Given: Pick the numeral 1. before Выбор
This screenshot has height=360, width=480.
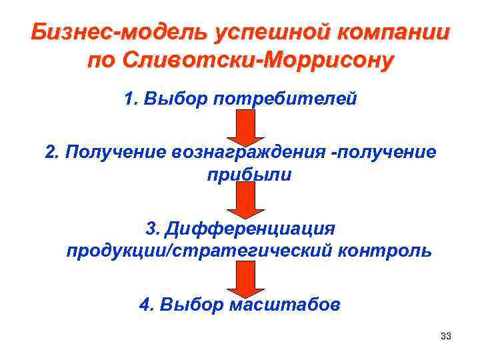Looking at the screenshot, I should (x=130, y=99).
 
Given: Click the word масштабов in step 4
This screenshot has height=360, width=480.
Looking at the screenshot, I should (x=285, y=305).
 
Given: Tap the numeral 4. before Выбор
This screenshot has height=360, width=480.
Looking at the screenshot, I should (x=146, y=305).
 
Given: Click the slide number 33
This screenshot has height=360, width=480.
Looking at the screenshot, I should (x=446, y=336).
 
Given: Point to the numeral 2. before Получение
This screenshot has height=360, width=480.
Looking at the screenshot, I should (x=51, y=153).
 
